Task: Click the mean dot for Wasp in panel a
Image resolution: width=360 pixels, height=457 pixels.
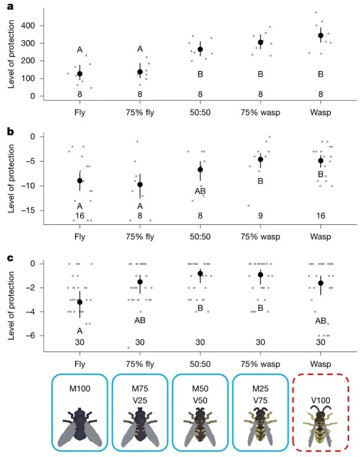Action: tap(321, 35)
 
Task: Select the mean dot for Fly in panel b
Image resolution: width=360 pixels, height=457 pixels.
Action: tap(80, 180)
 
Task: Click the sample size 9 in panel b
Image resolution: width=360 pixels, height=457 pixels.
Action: tap(260, 215)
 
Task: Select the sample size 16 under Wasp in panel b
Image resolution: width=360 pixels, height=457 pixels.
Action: tap(320, 215)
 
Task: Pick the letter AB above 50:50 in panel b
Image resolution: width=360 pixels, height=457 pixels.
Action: tap(200, 191)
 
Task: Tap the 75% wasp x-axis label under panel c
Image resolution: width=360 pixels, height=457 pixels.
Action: tap(260, 359)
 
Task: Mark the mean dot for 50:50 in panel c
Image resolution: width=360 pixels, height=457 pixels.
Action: tap(200, 274)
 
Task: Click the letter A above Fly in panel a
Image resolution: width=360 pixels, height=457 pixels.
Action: tap(79, 50)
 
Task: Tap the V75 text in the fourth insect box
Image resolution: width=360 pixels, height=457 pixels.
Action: tap(260, 400)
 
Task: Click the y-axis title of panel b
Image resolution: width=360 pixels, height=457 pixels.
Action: tap(11, 176)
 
